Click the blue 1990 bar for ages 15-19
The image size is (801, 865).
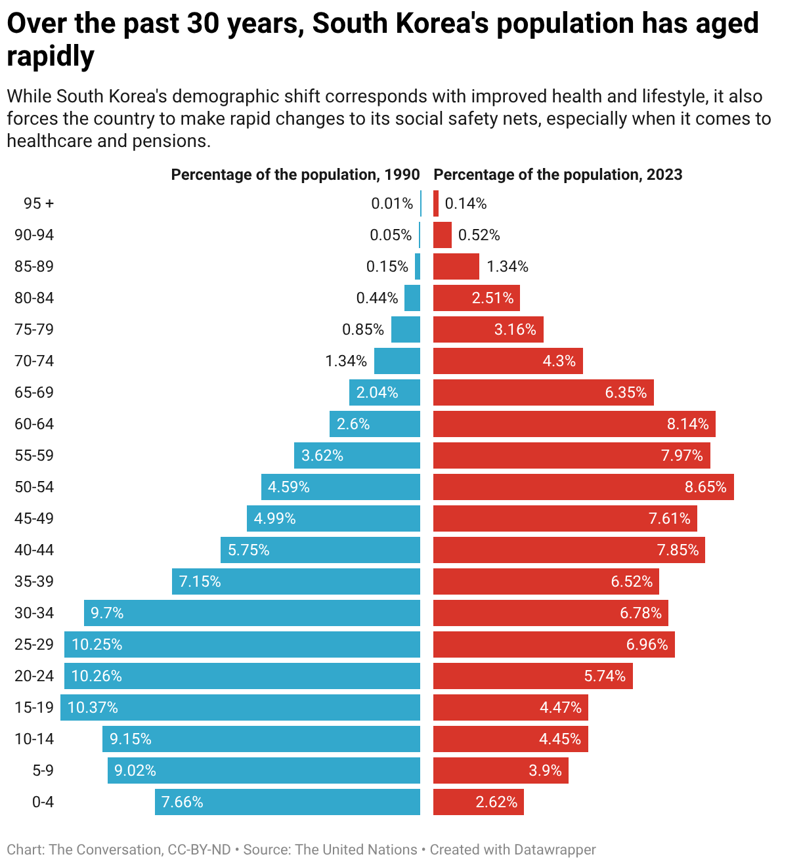240,707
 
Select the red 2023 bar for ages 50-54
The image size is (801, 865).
584,487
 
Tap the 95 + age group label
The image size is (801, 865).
39,203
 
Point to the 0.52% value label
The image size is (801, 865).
479,235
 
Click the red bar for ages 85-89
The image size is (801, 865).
456,266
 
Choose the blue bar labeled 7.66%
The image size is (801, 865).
288,802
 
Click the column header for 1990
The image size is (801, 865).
295,175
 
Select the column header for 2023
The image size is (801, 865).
558,175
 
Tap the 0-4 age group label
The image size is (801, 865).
43,802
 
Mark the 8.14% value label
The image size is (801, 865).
687,424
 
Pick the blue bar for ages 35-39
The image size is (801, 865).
296,581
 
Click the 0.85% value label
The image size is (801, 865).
363,329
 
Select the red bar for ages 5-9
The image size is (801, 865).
501,770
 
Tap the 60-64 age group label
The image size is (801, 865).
34,424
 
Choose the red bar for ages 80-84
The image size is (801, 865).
476,298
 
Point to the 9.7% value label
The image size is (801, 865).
107,613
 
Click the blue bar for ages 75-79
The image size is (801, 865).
406,329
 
